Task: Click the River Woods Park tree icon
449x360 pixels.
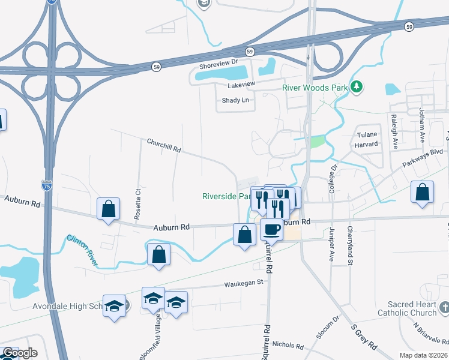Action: pyautogui.click(x=357, y=88)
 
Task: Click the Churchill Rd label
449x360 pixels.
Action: pyautogui.click(x=164, y=145)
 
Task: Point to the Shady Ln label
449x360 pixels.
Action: pyautogui.click(x=235, y=100)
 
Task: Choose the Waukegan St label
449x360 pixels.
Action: pyautogui.click(x=244, y=282)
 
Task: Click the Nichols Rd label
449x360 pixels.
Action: pyautogui.click(x=288, y=345)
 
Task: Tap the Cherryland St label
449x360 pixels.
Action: pyautogui.click(x=349, y=245)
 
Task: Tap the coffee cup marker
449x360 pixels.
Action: pyautogui.click(x=271, y=229)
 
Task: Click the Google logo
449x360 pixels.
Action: pyautogui.click(x=20, y=353)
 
